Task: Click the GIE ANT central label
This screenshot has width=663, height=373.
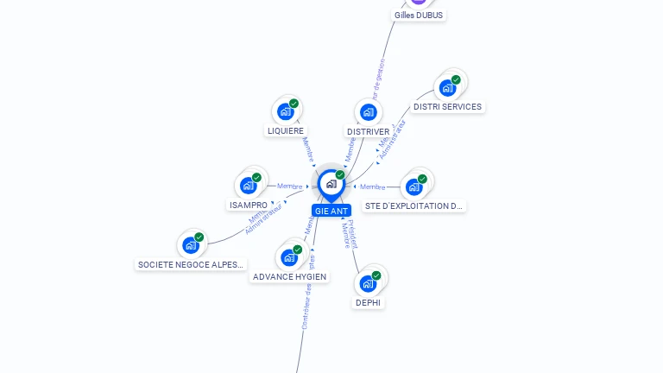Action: [x=331, y=211]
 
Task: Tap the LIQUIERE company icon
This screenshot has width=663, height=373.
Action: [x=285, y=111]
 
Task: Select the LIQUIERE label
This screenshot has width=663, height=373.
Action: [x=286, y=131]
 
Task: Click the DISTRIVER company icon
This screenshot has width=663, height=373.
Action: [x=369, y=112]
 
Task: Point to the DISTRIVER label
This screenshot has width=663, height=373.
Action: [x=368, y=132]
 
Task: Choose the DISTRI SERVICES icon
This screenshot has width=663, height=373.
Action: [x=447, y=87]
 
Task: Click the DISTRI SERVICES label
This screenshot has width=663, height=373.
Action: [x=447, y=107]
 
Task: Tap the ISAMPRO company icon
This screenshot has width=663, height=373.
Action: [x=248, y=186]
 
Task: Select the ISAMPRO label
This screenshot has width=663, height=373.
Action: [x=249, y=205]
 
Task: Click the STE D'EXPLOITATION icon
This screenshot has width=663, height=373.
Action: [x=414, y=186]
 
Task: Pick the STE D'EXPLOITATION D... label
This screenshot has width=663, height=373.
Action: [x=414, y=206]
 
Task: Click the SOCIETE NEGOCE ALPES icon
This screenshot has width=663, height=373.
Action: [x=191, y=245]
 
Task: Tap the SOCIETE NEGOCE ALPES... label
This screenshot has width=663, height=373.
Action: [x=192, y=265]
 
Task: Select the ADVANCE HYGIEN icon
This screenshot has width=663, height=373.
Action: [x=289, y=257]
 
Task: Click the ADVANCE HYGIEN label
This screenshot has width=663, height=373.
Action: [x=290, y=277]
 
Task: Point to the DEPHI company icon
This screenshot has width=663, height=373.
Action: [x=368, y=283]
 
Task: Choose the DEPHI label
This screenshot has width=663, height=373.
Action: [x=368, y=303]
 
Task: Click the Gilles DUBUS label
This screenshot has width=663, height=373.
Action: [x=419, y=15]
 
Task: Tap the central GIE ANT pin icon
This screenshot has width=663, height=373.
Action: [x=331, y=184]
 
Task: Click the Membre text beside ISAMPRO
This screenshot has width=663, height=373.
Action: [x=290, y=186]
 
